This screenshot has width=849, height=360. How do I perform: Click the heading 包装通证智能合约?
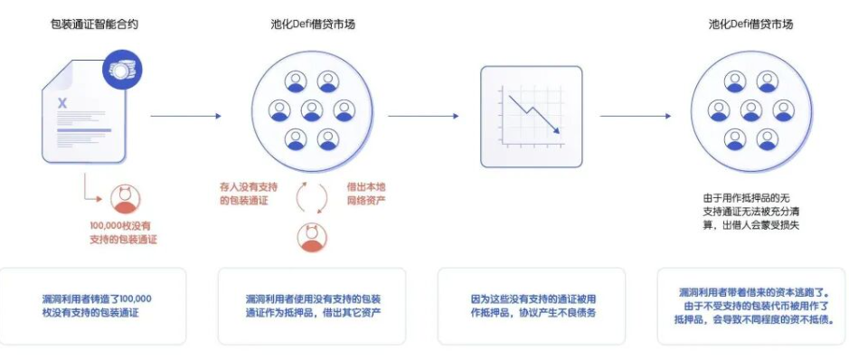pyautogui.click(x=90, y=24)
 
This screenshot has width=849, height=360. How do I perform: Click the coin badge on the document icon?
pyautogui.click(x=122, y=68)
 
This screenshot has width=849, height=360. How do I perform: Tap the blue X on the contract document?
pyautogui.click(x=62, y=103)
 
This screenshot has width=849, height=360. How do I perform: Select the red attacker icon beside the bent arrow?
pyautogui.click(x=125, y=199)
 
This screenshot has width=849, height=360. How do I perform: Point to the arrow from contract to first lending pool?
pyautogui.click(x=185, y=116)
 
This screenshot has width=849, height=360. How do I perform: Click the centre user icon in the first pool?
pyautogui.click(x=312, y=109)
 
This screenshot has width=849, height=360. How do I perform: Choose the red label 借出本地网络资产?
pyautogui.click(x=366, y=194)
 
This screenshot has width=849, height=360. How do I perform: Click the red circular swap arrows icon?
pyautogui.click(x=312, y=198)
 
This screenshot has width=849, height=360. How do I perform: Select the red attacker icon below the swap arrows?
pyautogui.click(x=312, y=238)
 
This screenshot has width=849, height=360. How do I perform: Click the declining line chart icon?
pyautogui.click(x=531, y=117)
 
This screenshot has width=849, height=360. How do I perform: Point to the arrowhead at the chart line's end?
pyautogui.click(x=556, y=130)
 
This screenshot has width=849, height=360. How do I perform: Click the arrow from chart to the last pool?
pyautogui.click(x=636, y=116)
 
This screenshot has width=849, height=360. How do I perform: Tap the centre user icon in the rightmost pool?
pyautogui.click(x=751, y=109)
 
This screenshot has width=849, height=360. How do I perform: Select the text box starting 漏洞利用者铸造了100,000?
pyautogui.click(x=93, y=306)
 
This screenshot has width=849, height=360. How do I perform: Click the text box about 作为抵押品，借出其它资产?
pyautogui.click(x=312, y=306)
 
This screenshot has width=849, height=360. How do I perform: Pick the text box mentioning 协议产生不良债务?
pyautogui.click(x=531, y=306)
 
